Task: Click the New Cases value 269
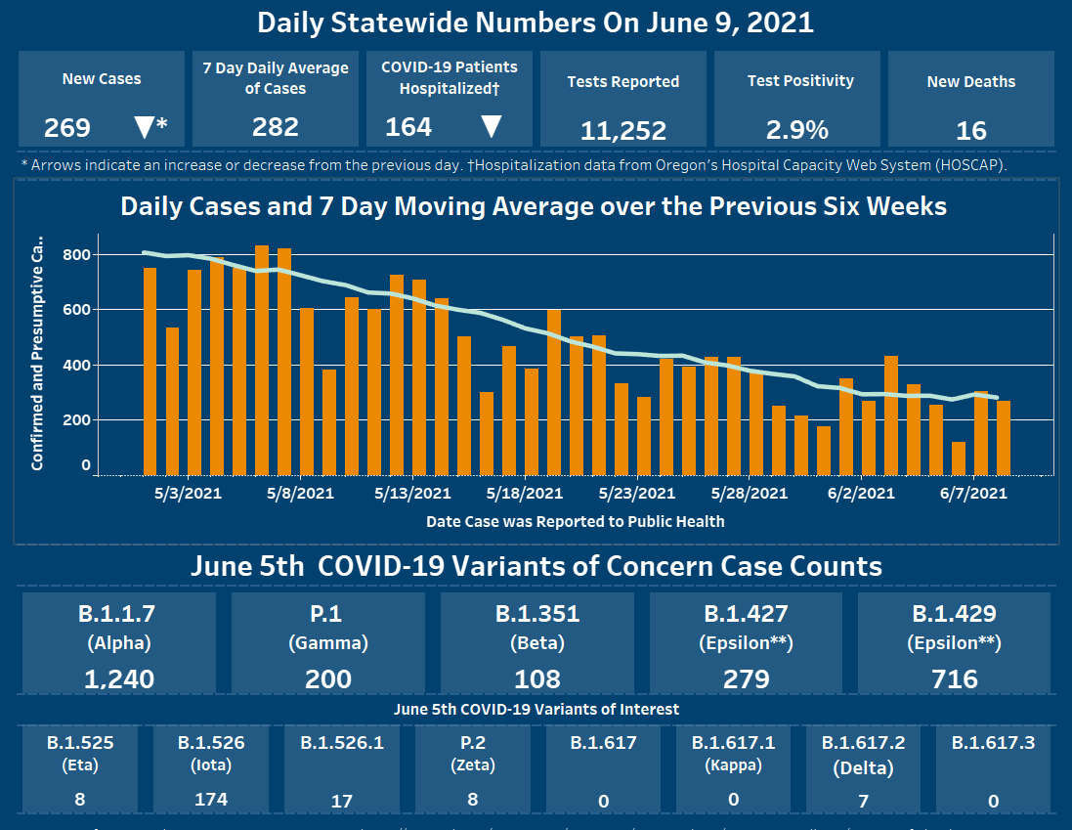click(x=67, y=128)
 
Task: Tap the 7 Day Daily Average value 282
click(x=275, y=127)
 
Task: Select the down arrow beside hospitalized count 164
click(x=492, y=127)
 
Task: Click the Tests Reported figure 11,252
click(x=622, y=130)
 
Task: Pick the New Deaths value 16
click(x=971, y=130)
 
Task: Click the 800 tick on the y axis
click(x=78, y=255)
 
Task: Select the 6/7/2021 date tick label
click(x=973, y=494)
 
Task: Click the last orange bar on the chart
click(x=1004, y=437)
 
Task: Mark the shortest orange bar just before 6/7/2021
click(x=959, y=458)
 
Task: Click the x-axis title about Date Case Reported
click(x=575, y=522)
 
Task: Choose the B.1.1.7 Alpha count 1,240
click(x=119, y=678)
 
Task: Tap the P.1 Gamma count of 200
click(x=327, y=678)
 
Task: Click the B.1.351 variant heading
click(x=537, y=614)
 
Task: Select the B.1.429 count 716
click(x=955, y=678)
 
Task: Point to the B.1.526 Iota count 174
click(x=211, y=800)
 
